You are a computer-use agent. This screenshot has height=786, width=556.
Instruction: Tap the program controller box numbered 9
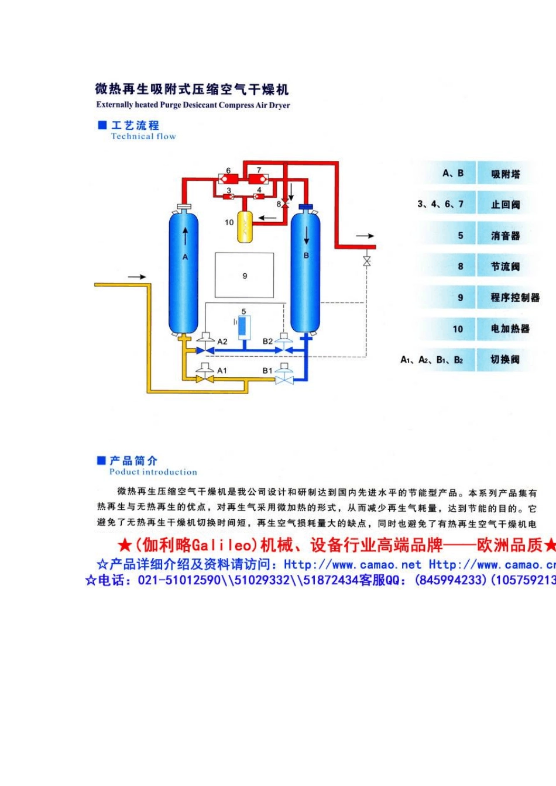pos(244,275)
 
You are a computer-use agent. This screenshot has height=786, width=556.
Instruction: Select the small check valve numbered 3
pos(228,196)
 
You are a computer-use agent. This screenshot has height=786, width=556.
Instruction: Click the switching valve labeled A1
pos(204,374)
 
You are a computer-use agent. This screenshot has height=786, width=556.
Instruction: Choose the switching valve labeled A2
pos(204,345)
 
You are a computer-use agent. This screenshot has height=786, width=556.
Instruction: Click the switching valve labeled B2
pos(284,345)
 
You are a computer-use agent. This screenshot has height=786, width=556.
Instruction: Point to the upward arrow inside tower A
pos(186,236)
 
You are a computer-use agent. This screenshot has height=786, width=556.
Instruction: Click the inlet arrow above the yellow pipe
pos(137,276)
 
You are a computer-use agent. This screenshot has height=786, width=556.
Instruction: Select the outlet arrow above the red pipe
pos(365,236)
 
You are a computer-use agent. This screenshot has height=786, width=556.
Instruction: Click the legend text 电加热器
pos(510,329)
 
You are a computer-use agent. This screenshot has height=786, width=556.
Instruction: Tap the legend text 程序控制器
pos(515,298)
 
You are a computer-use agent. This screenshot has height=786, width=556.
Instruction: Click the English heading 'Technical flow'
pos(143,136)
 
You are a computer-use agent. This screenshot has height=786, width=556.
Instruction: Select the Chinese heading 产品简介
pos(133,461)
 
